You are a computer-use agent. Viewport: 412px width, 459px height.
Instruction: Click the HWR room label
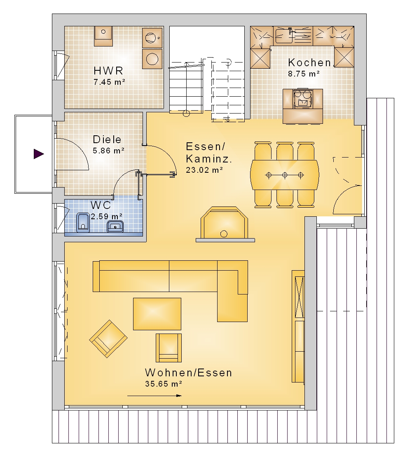tap(108, 71)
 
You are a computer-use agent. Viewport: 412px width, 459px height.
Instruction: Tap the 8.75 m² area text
tap(304, 74)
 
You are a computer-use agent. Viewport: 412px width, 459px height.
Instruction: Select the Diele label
tap(107, 139)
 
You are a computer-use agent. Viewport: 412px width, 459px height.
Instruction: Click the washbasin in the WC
tap(115, 226)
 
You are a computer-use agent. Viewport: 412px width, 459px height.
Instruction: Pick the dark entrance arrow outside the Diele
tap(39, 154)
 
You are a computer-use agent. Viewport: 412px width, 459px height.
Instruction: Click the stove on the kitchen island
tap(303, 98)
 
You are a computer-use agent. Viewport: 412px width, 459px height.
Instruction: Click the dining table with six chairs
tap(284, 175)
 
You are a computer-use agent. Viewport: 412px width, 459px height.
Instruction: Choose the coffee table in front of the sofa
tap(157, 314)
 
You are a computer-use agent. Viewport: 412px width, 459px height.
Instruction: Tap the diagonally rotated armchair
tap(108, 338)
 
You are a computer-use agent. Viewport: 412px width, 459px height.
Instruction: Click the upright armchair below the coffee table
tap(169, 348)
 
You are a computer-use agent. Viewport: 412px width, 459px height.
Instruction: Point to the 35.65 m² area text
tap(164, 384)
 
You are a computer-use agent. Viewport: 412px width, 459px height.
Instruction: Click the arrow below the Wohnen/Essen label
tap(154, 396)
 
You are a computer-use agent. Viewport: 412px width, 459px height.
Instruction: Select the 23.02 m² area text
tap(205, 170)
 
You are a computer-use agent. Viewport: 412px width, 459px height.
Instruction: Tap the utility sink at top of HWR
tap(103, 36)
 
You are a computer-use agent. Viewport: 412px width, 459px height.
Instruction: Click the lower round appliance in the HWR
tap(152, 59)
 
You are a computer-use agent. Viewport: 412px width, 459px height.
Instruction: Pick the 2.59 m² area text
tap(106, 217)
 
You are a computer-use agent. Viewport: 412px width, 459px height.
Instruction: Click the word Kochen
tap(310, 63)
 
